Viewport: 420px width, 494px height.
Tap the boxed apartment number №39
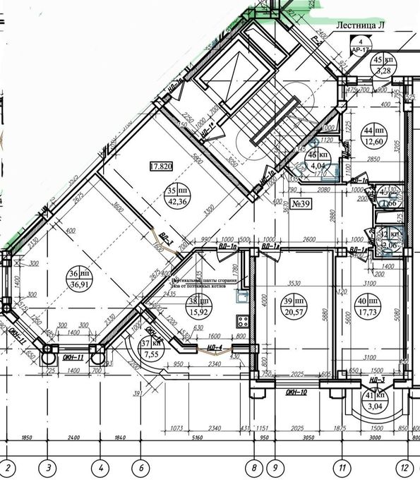click(302, 205)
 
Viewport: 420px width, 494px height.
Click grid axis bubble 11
click(342, 467)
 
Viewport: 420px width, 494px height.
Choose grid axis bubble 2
click(9, 467)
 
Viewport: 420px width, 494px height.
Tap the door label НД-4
click(216, 347)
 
